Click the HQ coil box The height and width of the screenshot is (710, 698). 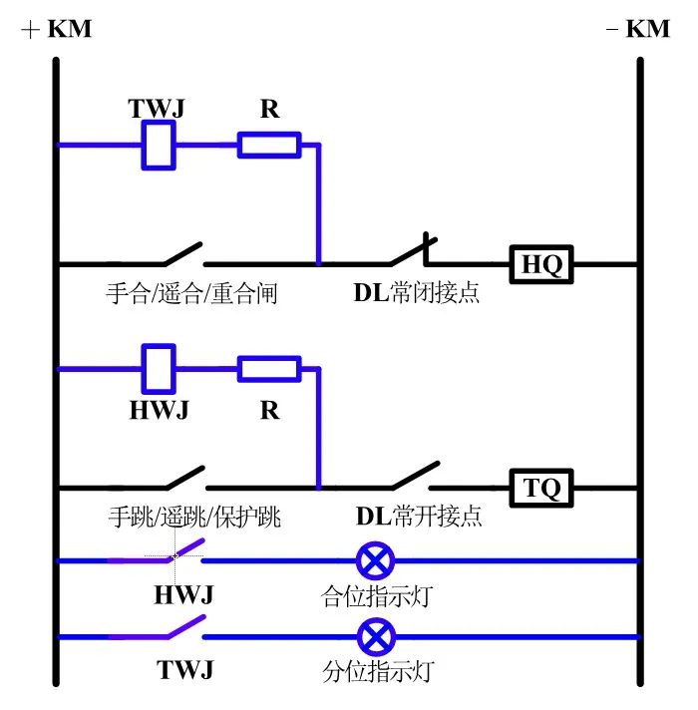[542, 264]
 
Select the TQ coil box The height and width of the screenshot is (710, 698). [542, 489]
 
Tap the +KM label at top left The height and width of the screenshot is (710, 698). [56, 29]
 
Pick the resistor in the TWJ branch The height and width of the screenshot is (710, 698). [268, 146]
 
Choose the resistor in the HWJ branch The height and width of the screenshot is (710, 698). [268, 369]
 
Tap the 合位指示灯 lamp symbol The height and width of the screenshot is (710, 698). [374, 560]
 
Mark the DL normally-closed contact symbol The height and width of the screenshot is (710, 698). [409, 253]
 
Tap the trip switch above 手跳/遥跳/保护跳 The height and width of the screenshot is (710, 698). [179, 478]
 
